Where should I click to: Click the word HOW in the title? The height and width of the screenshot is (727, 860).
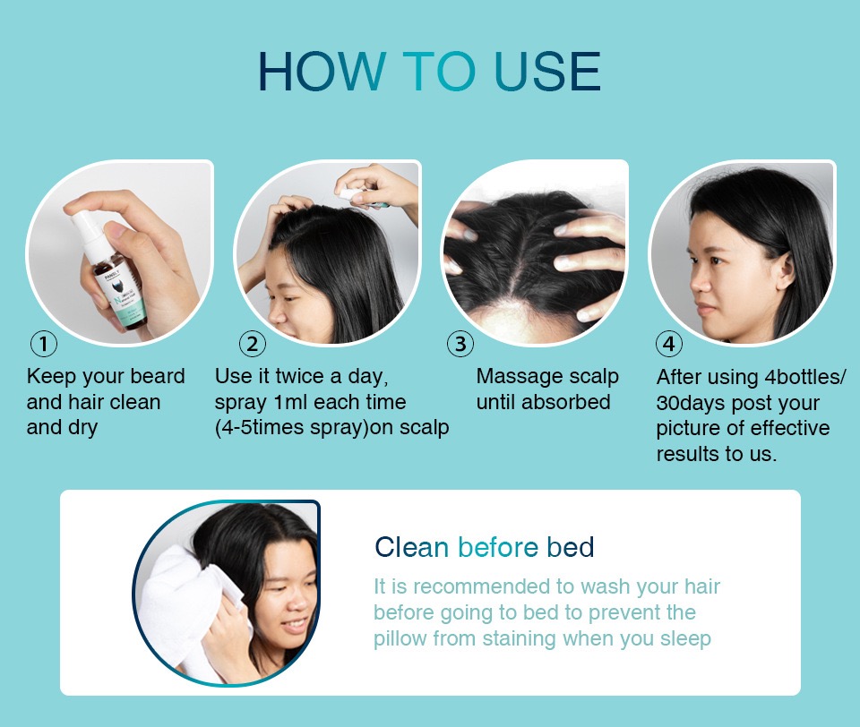321,72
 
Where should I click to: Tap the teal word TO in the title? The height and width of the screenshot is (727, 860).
439,72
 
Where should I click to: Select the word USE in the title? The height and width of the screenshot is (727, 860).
547,72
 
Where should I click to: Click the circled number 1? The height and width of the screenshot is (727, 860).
43,344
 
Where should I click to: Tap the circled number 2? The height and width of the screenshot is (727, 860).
253,344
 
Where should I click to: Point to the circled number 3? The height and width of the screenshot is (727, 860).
460,344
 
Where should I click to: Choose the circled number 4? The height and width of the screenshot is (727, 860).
669,344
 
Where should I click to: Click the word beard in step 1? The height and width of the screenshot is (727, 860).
158,376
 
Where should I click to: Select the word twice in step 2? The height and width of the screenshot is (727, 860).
300,376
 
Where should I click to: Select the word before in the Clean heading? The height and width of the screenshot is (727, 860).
498,547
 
